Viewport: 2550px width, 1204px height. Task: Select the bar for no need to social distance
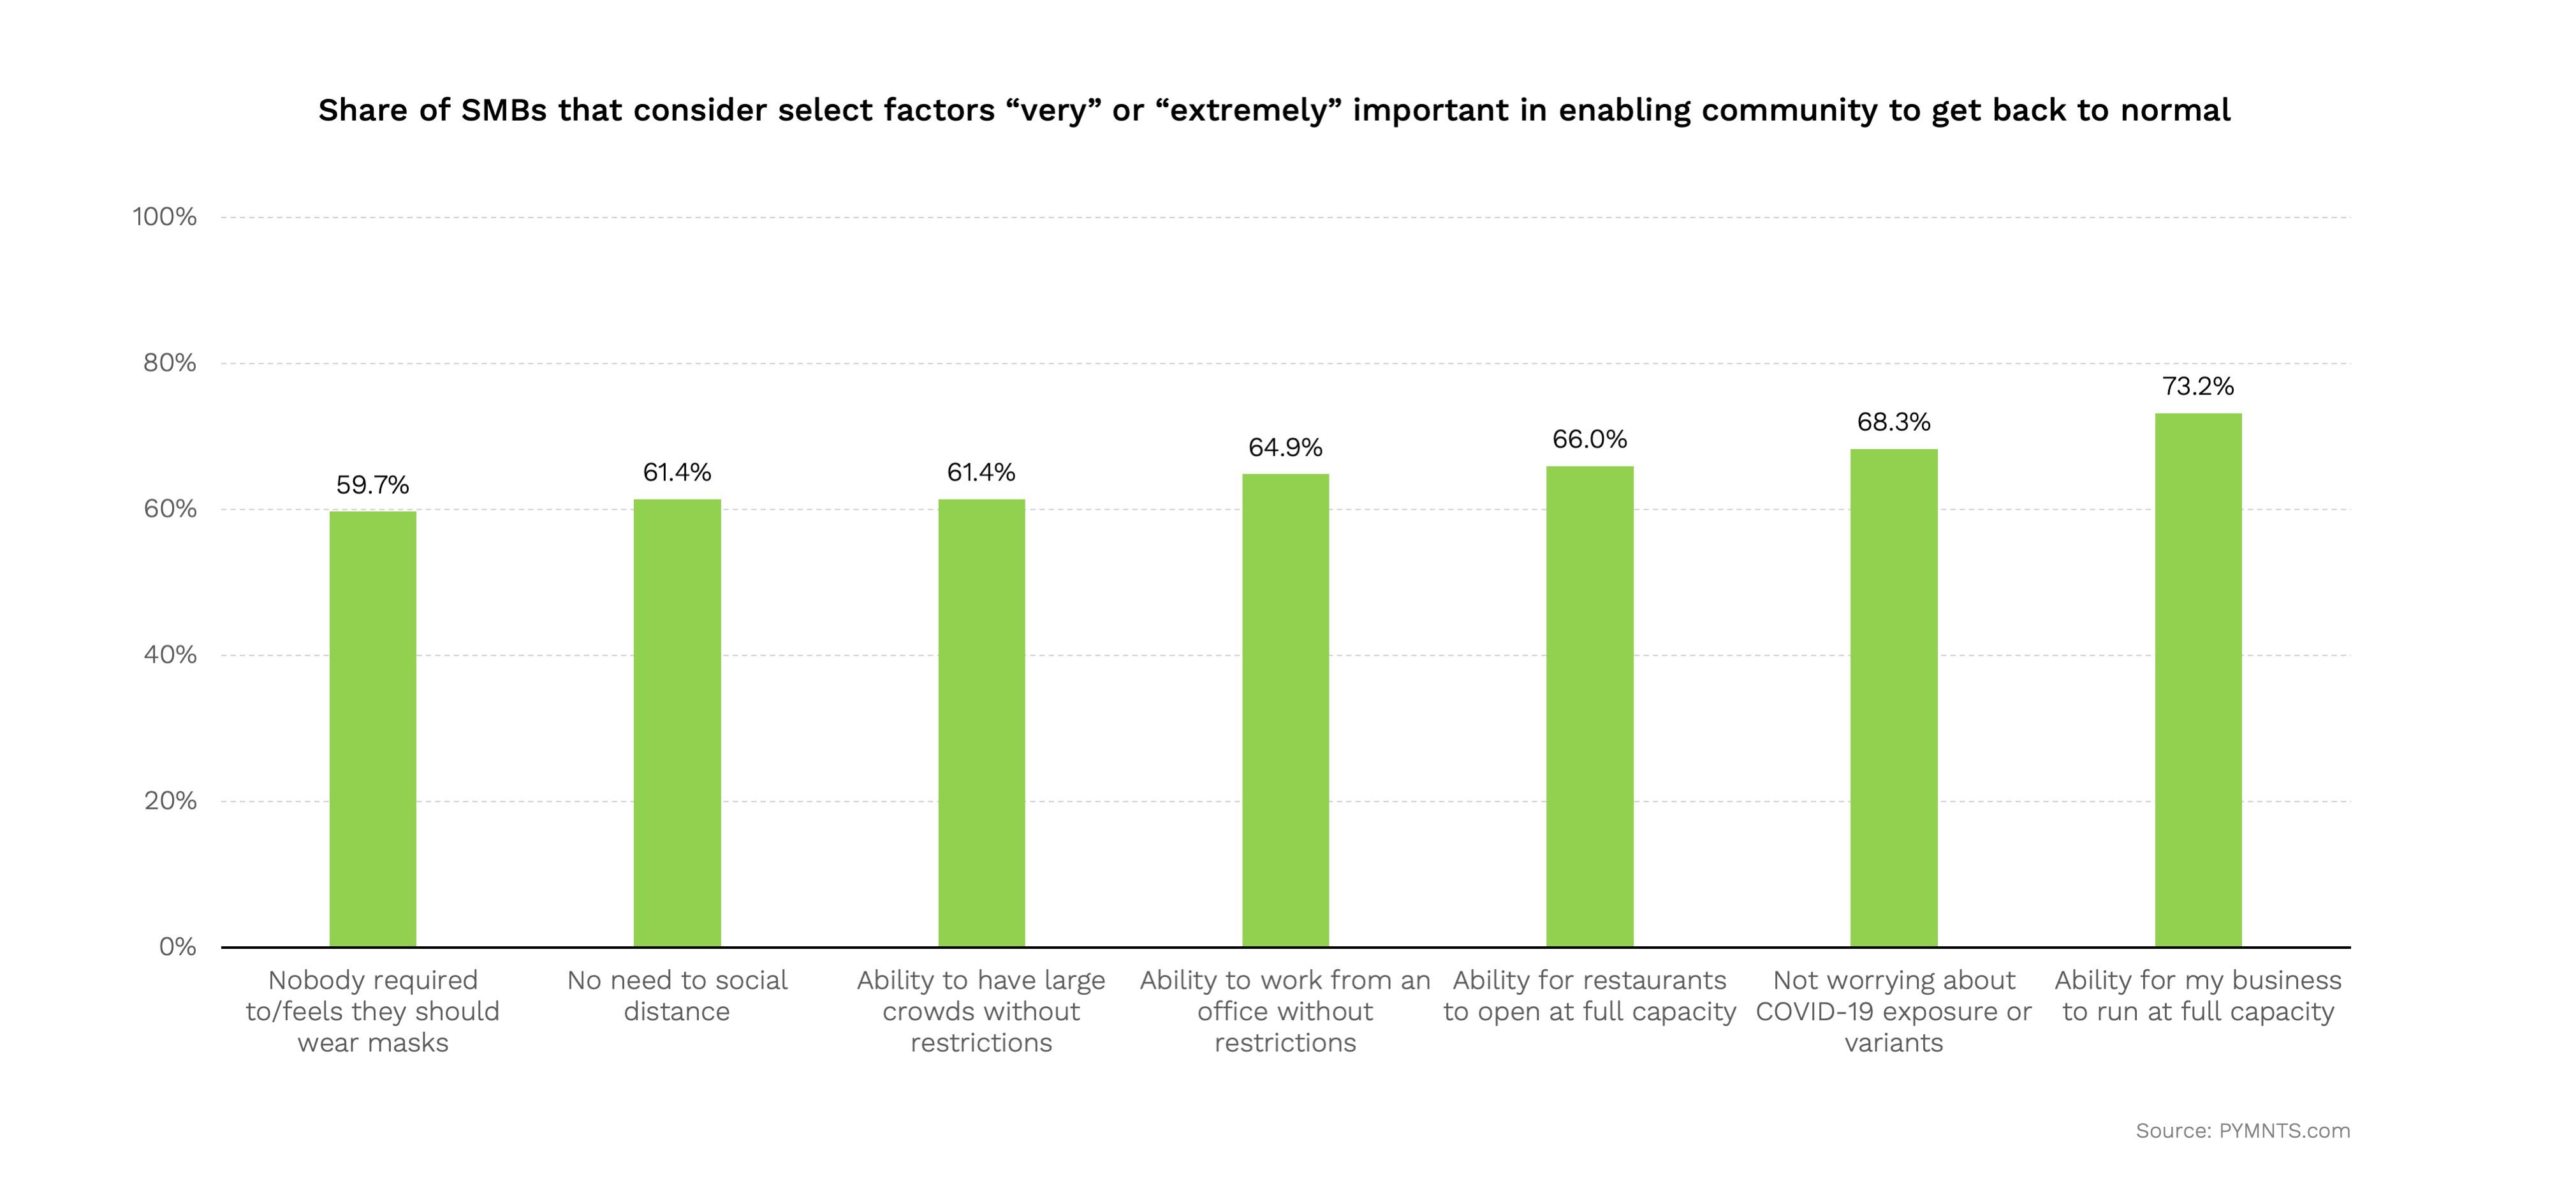pyautogui.click(x=677, y=723)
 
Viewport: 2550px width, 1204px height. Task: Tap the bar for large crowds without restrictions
pyautogui.click(x=981, y=723)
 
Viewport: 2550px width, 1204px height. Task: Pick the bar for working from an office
pyautogui.click(x=1285, y=710)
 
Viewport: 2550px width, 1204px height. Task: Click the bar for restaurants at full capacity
pyautogui.click(x=1590, y=706)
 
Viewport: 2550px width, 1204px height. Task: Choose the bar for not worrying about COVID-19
pyautogui.click(x=1894, y=698)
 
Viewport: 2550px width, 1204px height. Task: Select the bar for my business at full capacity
pyautogui.click(x=2197, y=680)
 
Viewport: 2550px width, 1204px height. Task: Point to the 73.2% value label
pyautogui.click(x=2197, y=386)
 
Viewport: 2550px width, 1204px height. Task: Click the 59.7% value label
pyautogui.click(x=372, y=485)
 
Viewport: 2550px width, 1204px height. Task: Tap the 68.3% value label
pyautogui.click(x=1894, y=423)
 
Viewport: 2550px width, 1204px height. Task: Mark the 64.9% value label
pyautogui.click(x=1285, y=447)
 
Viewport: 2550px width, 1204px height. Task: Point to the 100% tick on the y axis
pyautogui.click(x=165, y=217)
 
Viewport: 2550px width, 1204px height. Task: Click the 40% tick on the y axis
pyautogui.click(x=170, y=655)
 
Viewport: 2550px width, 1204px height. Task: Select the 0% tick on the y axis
pyautogui.click(x=177, y=947)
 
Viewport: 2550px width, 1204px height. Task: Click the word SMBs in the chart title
pyautogui.click(x=504, y=110)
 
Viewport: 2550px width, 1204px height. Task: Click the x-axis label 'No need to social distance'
pyautogui.click(x=677, y=995)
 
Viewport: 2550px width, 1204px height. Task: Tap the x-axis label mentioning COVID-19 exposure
pyautogui.click(x=1894, y=1011)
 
